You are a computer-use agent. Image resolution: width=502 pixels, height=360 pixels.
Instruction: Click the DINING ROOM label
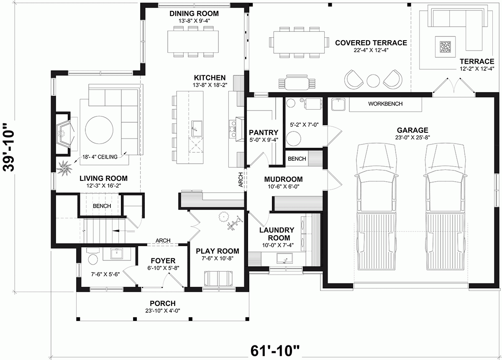194,14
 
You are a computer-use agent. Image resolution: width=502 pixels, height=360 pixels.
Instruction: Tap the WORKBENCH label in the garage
385,103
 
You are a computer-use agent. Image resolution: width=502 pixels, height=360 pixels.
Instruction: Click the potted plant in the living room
65,168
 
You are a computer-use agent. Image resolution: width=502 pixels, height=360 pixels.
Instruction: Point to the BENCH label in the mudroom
297,159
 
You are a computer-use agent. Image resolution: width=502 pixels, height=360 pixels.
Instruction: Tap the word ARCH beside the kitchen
240,180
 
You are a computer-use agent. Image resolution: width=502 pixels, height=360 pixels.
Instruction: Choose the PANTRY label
261,132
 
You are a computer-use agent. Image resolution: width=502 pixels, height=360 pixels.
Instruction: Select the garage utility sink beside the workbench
338,104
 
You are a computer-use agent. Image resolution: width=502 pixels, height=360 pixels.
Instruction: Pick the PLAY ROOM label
218,251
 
